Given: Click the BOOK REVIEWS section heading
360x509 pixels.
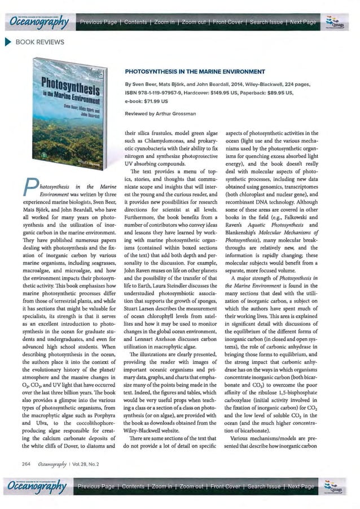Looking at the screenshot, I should coord(40,42).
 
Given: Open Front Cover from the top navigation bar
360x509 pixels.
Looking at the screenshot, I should coord(235,21).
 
